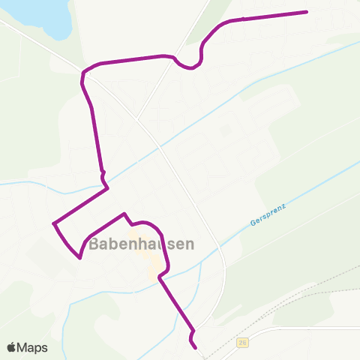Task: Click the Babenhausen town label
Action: [x=142, y=244]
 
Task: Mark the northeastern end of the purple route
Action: [x=307, y=11]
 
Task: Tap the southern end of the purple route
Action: [x=196, y=348]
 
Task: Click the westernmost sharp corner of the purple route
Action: [x=54, y=223]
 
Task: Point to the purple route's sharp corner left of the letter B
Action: [x=79, y=258]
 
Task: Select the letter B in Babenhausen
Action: [x=94, y=244]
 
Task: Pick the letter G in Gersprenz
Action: [x=250, y=223]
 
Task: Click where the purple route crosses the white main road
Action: [x=82, y=73]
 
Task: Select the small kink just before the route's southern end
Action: [x=193, y=331]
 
